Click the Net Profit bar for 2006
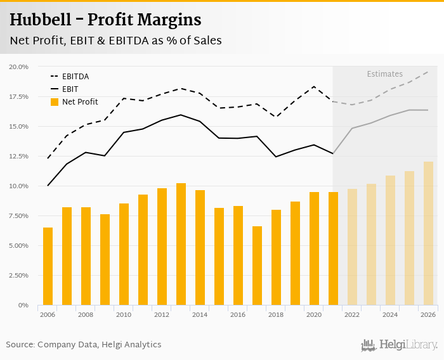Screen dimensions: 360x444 click(x=48, y=266)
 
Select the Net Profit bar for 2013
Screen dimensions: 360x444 click(x=181, y=244)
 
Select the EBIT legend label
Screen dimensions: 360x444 click(x=70, y=89)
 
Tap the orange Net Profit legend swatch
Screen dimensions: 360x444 click(x=55, y=102)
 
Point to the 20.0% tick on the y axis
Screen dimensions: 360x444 click(x=19, y=67)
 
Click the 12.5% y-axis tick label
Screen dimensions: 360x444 click(x=19, y=157)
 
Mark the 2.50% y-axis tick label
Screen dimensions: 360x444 click(x=19, y=276)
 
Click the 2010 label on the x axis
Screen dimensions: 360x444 click(x=124, y=314)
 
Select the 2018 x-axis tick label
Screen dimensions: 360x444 click(x=276, y=314)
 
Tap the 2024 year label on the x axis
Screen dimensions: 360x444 click(x=390, y=314)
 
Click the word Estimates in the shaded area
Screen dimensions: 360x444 click(x=384, y=74)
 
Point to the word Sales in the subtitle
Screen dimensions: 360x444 click(x=205, y=41)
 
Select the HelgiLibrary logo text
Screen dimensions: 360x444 click(x=408, y=345)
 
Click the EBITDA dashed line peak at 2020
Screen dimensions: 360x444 click(x=314, y=87)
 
